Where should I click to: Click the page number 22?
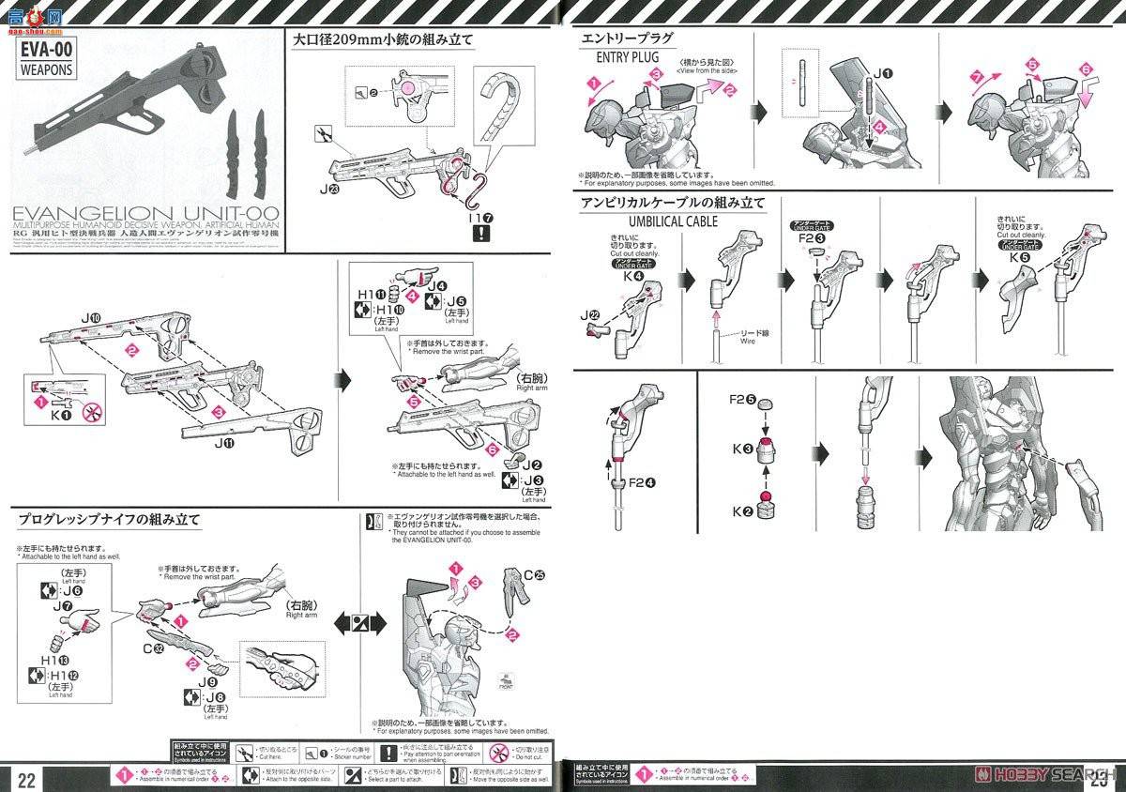click(x=26, y=778)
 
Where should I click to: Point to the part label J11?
click(x=216, y=449)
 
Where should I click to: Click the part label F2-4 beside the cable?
click(x=643, y=483)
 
